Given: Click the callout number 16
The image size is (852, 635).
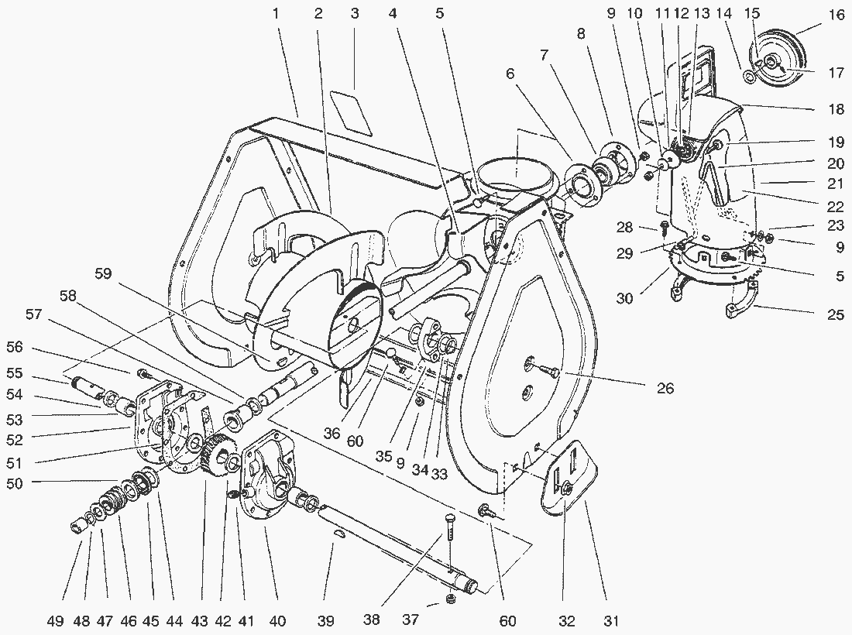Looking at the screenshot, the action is [837, 15].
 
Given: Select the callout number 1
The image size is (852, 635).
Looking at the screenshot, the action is [276, 14].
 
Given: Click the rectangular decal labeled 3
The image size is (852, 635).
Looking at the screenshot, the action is [352, 114].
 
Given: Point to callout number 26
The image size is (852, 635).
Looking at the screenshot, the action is [665, 389].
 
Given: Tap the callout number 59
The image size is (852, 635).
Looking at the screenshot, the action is [103, 273].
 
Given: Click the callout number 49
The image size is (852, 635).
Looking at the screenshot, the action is [56, 621].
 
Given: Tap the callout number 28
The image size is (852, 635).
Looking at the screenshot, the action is [625, 227].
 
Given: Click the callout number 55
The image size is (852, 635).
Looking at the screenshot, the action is [15, 373].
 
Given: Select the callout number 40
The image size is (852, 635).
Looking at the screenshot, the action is [277, 621].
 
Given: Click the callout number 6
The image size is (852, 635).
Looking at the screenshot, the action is [510, 74].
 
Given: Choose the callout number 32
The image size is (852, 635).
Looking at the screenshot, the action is [567, 621].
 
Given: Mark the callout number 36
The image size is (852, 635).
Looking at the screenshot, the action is [332, 433].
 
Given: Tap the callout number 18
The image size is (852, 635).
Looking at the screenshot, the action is [837, 109].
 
